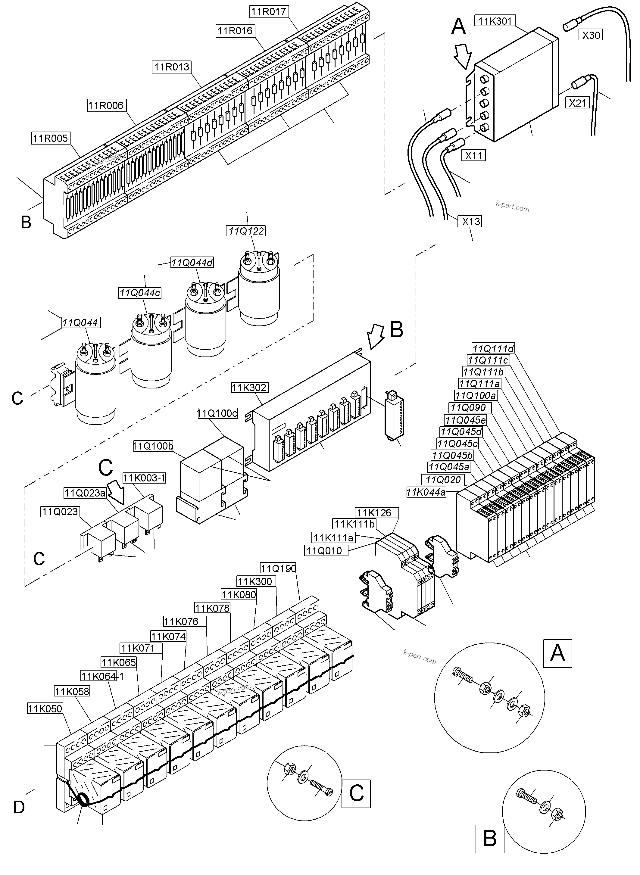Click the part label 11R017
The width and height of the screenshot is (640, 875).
[x=268, y=12]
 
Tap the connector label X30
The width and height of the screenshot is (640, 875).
[x=591, y=35]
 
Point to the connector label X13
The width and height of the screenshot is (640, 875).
[x=471, y=222]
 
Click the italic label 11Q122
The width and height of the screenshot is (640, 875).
[x=246, y=231]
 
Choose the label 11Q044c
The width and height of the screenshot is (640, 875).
[x=139, y=293]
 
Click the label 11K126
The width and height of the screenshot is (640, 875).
[x=374, y=513]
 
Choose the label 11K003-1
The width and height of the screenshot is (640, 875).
[x=144, y=478]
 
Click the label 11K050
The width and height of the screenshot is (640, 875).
[x=45, y=708]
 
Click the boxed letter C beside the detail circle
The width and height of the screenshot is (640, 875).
[x=356, y=793]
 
